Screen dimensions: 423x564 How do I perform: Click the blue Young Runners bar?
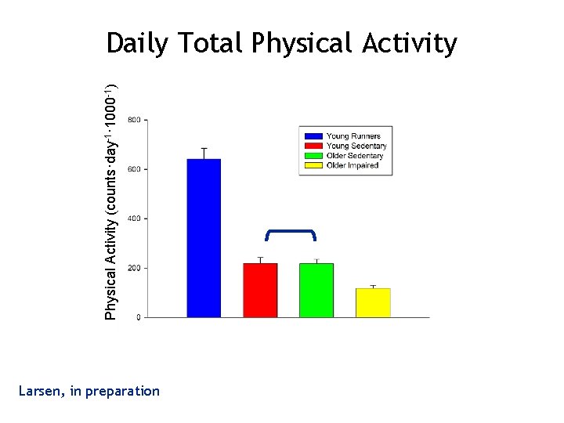pyautogui.click(x=204, y=238)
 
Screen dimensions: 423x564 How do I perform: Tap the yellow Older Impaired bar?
pyautogui.click(x=373, y=303)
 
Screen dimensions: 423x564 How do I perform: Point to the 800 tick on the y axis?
pyautogui.click(x=135, y=120)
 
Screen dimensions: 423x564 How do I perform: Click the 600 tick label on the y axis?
pyautogui.click(x=135, y=169)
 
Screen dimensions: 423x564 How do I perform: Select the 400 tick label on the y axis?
pyautogui.click(x=135, y=219)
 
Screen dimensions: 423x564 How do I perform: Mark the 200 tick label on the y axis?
pyautogui.click(x=135, y=268)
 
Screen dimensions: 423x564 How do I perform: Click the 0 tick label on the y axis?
pyautogui.click(x=139, y=317)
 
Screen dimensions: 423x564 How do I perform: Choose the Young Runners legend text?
pyautogui.click(x=354, y=136)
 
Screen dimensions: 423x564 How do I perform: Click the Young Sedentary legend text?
pyautogui.click(x=356, y=146)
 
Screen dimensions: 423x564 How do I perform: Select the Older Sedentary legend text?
pyautogui.click(x=355, y=156)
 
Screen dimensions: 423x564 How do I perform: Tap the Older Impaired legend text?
pyautogui.click(x=352, y=165)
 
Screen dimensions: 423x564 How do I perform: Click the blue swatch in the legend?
pyautogui.click(x=313, y=136)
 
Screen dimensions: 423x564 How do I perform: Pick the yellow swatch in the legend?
pyautogui.click(x=313, y=165)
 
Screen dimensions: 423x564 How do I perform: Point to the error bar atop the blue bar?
pyautogui.click(x=204, y=152)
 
